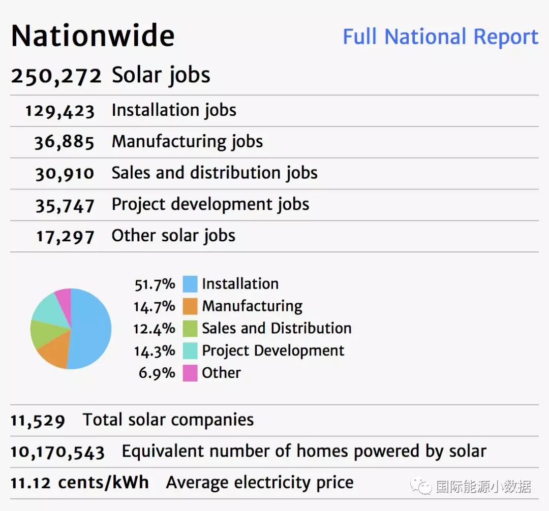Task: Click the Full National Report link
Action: (x=440, y=37)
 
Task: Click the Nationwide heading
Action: (x=93, y=36)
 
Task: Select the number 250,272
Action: (x=56, y=76)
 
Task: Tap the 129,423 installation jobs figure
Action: (x=60, y=111)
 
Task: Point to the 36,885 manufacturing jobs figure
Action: (x=65, y=142)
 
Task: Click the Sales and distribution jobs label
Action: (x=215, y=173)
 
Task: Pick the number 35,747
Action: (x=65, y=205)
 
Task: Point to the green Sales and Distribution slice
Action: (x=42, y=334)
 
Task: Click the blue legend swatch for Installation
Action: (x=190, y=284)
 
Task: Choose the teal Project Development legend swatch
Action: (x=190, y=351)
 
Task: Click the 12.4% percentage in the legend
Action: (x=154, y=329)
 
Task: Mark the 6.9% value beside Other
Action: (x=157, y=373)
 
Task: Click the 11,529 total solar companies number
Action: (x=38, y=421)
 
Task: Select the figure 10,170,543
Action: (x=57, y=452)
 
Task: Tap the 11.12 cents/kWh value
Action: (x=80, y=483)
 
